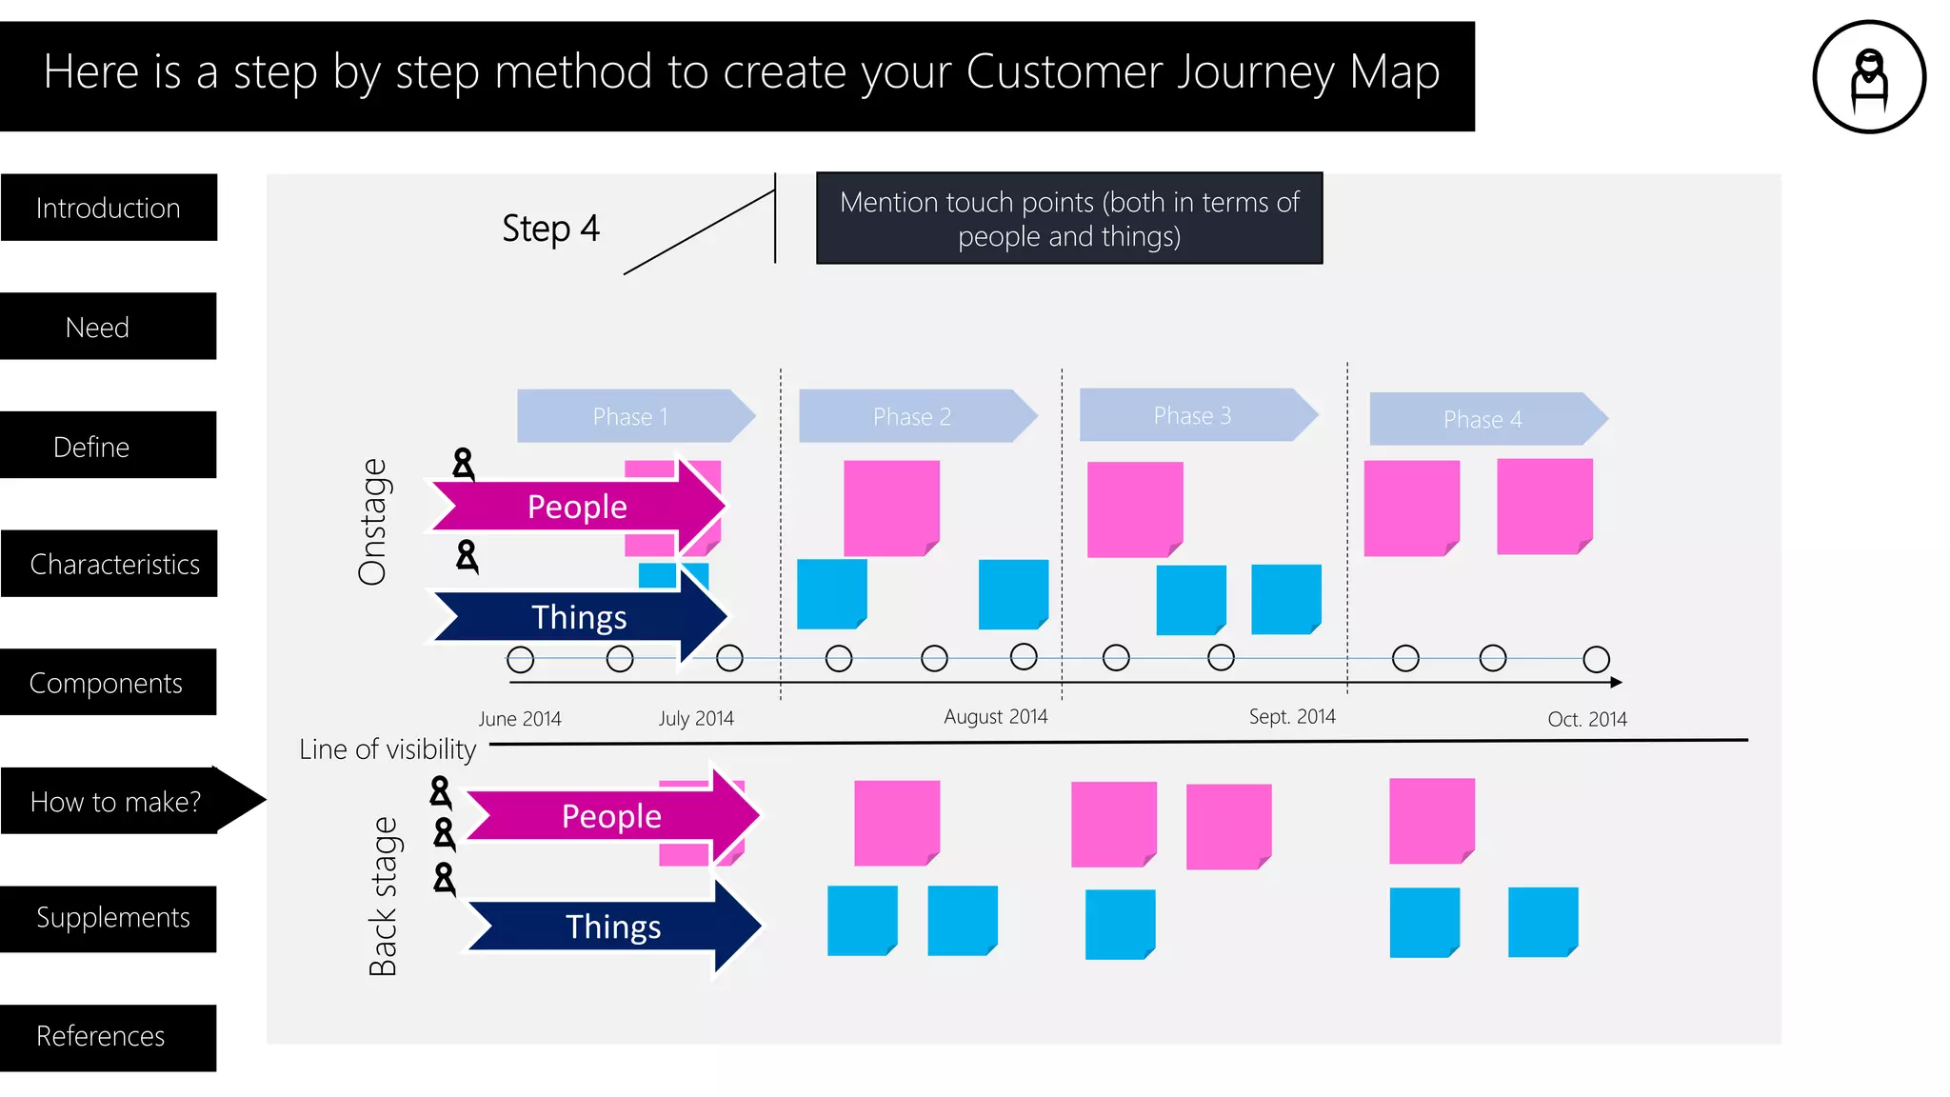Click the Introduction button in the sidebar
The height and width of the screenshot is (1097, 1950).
point(109,208)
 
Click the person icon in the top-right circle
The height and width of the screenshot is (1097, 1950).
point(1869,78)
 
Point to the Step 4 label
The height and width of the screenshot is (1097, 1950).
point(550,229)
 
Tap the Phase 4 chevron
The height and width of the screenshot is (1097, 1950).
point(1483,419)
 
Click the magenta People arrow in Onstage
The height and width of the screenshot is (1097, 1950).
point(577,507)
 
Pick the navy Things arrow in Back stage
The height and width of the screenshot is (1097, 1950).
point(613,927)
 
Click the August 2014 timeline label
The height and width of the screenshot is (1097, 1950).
point(995,716)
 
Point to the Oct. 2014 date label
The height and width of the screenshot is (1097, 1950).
point(1586,719)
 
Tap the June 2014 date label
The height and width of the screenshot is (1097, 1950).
point(519,719)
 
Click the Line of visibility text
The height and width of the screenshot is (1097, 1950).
point(387,749)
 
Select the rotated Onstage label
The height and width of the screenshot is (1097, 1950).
point(372,522)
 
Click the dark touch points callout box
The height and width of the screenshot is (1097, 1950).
point(1068,219)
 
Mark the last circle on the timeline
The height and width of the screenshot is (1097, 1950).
point(1596,659)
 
